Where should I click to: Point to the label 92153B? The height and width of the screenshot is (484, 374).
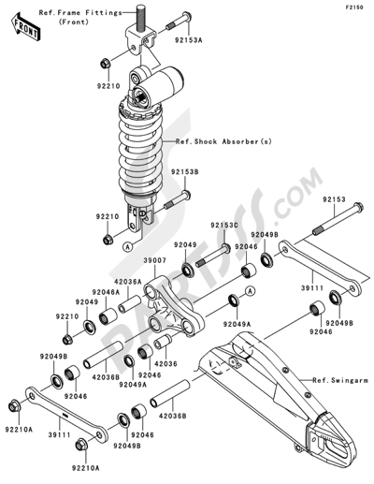click(184, 171)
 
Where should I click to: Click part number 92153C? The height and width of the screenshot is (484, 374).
click(224, 226)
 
